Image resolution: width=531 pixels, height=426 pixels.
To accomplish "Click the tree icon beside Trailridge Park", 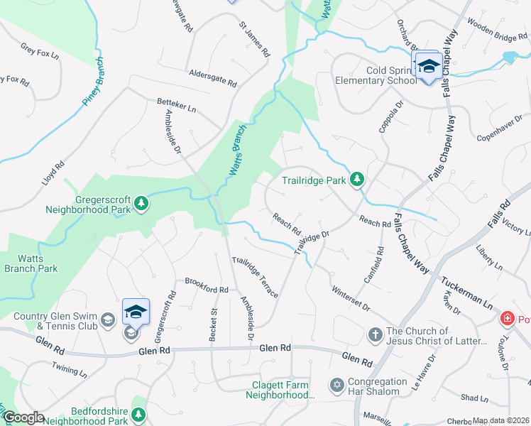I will coord(358,180).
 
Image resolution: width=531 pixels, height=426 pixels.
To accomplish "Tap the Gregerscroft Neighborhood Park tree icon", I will coord(142,204).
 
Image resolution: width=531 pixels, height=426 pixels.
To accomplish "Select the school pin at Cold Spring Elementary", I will coord(427,66).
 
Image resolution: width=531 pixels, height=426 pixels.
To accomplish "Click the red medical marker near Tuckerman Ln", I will coord(507,318).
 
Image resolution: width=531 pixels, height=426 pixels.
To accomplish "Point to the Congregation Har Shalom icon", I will coord(336,385).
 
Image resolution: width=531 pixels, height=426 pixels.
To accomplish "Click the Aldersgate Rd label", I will coord(213,78).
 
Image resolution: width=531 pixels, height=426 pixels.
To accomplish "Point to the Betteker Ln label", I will coord(176,106).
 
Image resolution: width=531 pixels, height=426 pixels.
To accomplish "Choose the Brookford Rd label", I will coord(207,290).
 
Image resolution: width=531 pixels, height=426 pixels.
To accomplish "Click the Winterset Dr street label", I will coord(351,298).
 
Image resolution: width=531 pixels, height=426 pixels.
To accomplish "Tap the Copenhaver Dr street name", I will coord(503,127).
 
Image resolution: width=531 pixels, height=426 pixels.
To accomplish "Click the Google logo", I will coord(23,417).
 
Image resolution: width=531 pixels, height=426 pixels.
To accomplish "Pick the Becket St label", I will coord(212,325).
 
